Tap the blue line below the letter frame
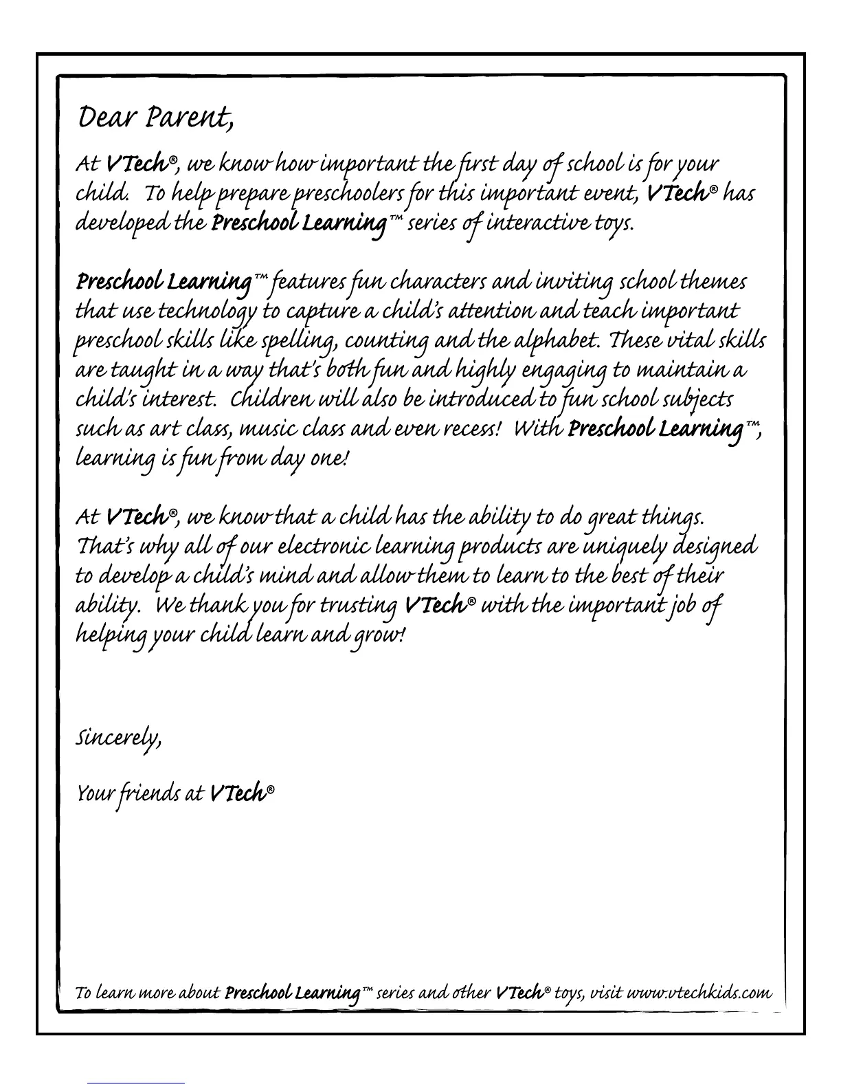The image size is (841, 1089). click(x=136, y=1083)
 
